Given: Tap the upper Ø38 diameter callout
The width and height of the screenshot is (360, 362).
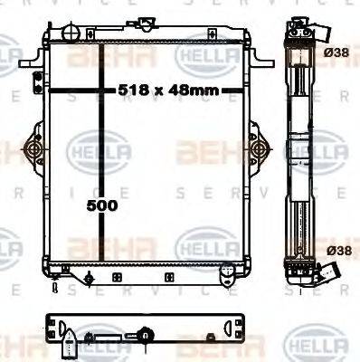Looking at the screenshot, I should click(336, 53).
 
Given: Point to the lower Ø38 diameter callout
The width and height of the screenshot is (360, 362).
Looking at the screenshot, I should click(336, 250).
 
